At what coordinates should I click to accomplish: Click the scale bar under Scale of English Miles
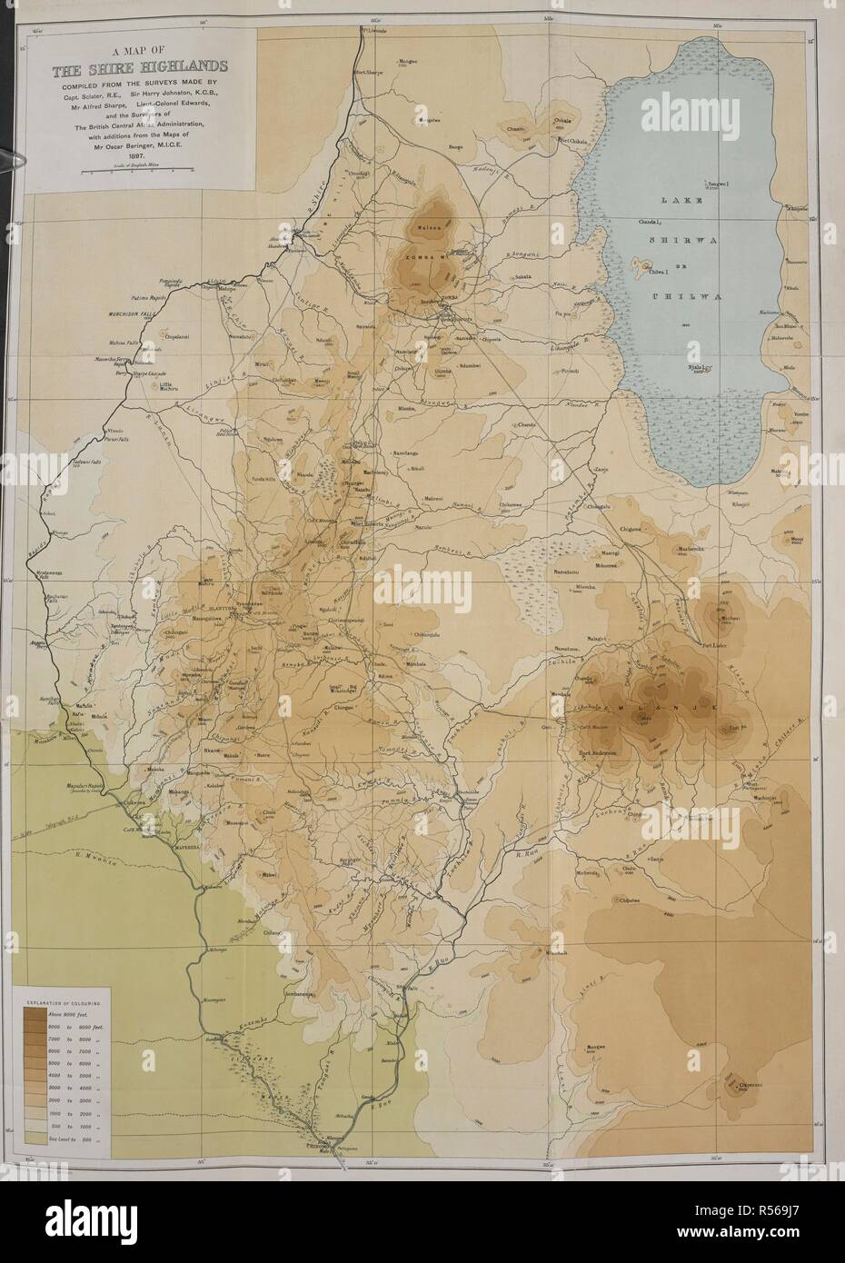point(139,171)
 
